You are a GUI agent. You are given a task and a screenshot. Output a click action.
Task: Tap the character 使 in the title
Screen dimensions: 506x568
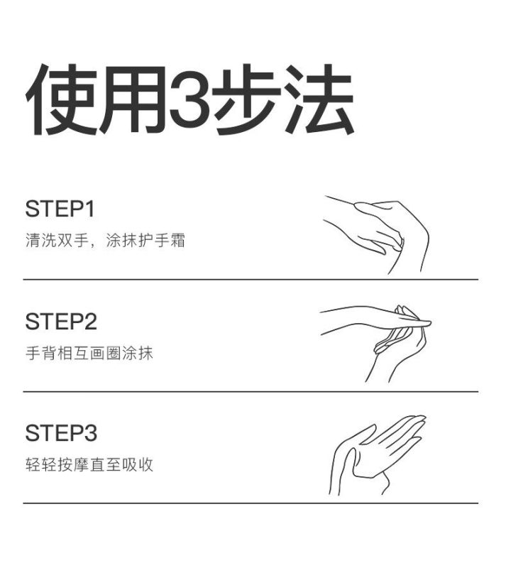click(61, 99)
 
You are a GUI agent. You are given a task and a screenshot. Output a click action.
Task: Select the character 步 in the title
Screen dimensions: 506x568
click(246, 99)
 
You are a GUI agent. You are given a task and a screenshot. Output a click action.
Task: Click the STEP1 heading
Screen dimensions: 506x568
click(60, 209)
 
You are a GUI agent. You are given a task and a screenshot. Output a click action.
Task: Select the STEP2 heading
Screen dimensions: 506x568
click(61, 322)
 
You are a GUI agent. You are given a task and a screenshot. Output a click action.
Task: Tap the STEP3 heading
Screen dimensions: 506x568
click(61, 433)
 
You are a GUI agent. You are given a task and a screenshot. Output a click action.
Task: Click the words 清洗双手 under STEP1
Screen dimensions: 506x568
click(57, 240)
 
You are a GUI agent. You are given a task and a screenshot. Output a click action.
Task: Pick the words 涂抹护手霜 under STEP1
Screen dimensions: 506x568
click(145, 240)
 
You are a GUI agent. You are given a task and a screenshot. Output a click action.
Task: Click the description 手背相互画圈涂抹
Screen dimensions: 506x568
click(89, 353)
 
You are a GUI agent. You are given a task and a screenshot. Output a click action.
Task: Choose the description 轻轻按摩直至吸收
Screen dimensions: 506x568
click(89, 465)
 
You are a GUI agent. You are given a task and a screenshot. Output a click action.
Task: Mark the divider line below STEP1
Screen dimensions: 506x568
click(251, 280)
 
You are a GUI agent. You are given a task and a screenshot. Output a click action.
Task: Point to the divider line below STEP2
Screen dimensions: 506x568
click(251, 392)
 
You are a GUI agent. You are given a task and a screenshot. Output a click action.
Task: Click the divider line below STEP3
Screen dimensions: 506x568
click(251, 503)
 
